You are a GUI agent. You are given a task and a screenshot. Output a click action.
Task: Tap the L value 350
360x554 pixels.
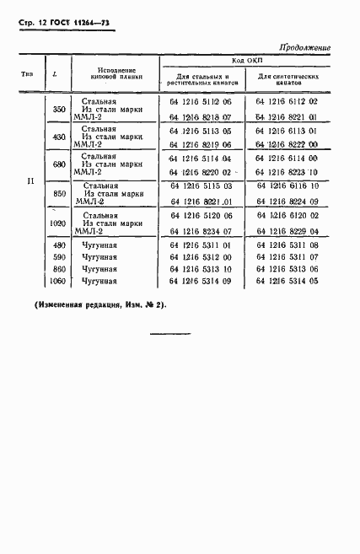tap(59, 110)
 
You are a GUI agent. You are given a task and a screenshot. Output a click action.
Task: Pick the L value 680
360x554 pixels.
tap(59, 164)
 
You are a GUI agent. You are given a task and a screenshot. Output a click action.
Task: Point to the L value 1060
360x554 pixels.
tap(59, 281)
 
